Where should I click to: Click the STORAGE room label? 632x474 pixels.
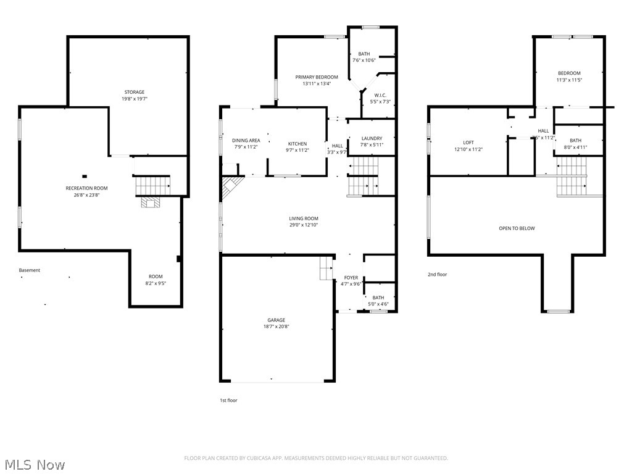click(x=134, y=92)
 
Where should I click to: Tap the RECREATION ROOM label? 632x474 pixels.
click(x=86, y=188)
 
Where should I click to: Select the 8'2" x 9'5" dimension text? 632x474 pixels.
click(x=156, y=283)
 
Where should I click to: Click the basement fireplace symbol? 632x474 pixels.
click(x=150, y=202)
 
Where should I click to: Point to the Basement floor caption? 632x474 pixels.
click(x=30, y=270)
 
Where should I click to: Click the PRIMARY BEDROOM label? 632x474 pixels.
click(x=317, y=77)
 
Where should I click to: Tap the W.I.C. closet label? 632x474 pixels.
click(x=380, y=95)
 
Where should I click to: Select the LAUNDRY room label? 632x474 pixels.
click(x=371, y=138)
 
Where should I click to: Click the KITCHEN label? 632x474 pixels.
click(x=296, y=144)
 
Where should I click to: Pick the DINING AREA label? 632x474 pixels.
click(x=246, y=140)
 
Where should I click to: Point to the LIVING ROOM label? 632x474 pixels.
click(x=304, y=218)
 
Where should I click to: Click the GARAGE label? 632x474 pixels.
click(x=276, y=320)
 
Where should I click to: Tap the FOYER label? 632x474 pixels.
click(x=351, y=278)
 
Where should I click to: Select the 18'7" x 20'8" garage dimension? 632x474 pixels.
click(x=276, y=326)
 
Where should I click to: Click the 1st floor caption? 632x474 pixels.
click(x=228, y=401)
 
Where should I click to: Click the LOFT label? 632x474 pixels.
click(x=468, y=143)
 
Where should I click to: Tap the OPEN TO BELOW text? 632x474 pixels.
click(x=517, y=228)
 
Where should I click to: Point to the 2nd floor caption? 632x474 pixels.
click(x=437, y=274)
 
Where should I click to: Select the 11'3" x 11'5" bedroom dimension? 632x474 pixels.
click(x=568, y=80)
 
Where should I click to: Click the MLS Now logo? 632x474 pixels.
click(x=34, y=464)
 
